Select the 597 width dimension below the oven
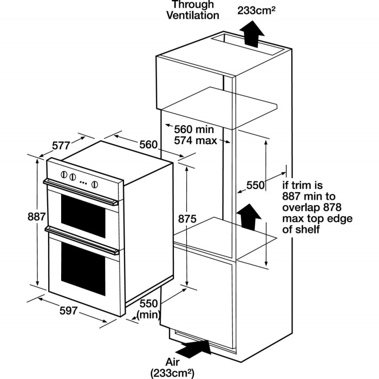[69, 311]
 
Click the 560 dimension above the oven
[148, 145]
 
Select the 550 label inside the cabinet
[255, 185]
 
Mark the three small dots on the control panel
[83, 182]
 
